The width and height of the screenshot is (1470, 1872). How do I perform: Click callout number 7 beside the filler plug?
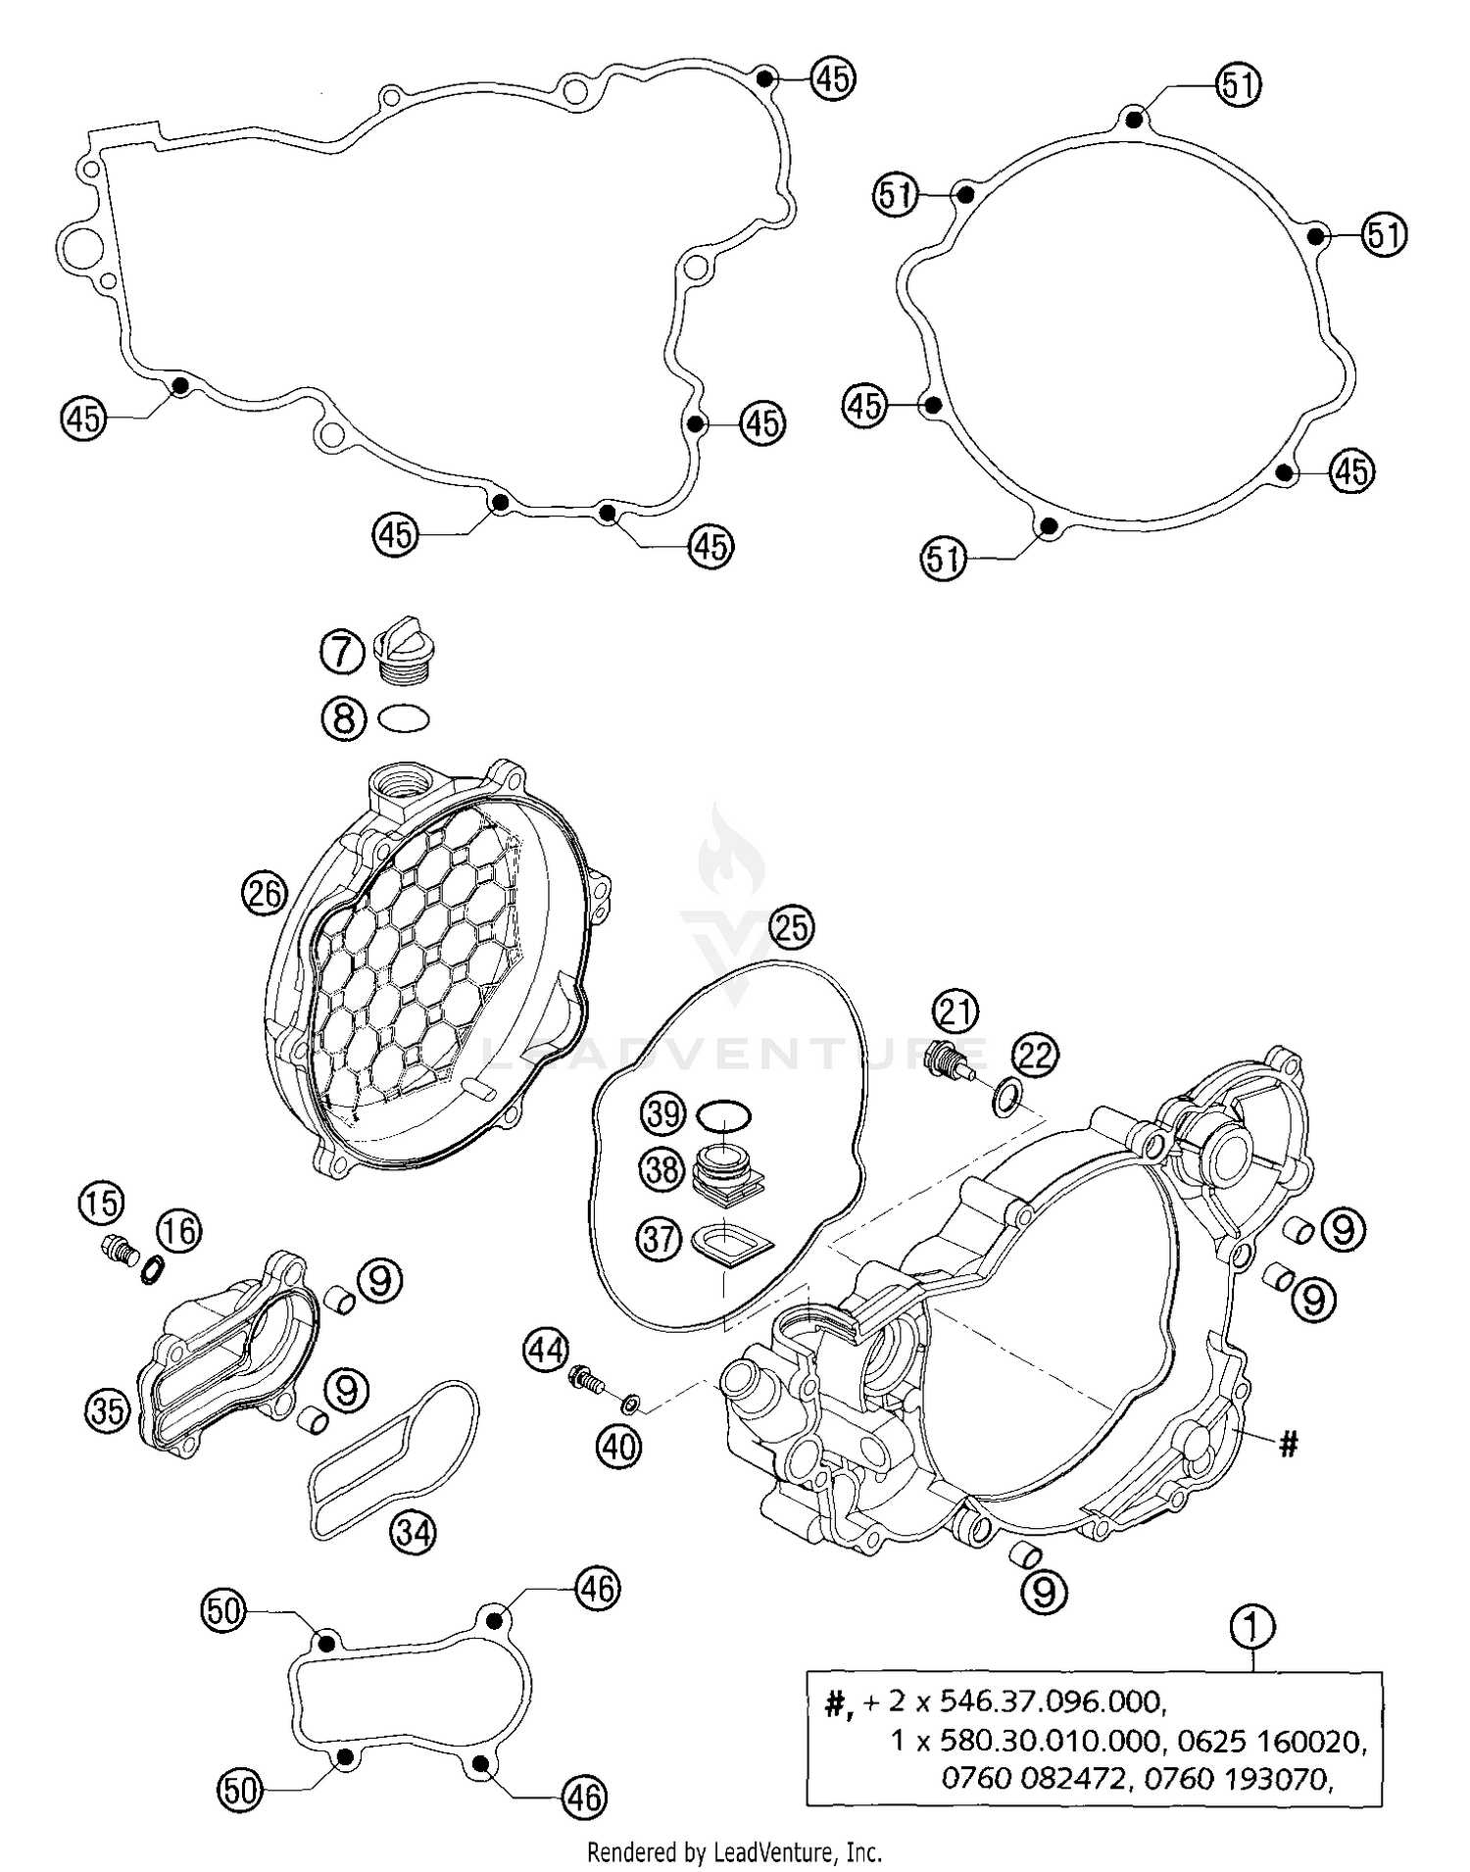(342, 652)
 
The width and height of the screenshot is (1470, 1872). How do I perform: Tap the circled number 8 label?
(343, 718)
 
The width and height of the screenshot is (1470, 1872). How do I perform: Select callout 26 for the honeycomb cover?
(265, 893)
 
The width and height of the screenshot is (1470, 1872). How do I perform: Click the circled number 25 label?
(792, 926)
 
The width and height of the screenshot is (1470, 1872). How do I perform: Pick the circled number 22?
(1036, 1055)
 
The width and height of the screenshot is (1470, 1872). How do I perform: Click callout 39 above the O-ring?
(663, 1114)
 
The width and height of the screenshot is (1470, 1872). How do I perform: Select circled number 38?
(662, 1169)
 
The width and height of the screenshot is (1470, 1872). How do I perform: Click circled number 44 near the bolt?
(545, 1351)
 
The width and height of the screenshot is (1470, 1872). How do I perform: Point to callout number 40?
(619, 1447)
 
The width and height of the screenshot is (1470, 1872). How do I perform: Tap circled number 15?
(102, 1203)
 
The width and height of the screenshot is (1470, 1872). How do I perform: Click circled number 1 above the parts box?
(1252, 1628)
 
